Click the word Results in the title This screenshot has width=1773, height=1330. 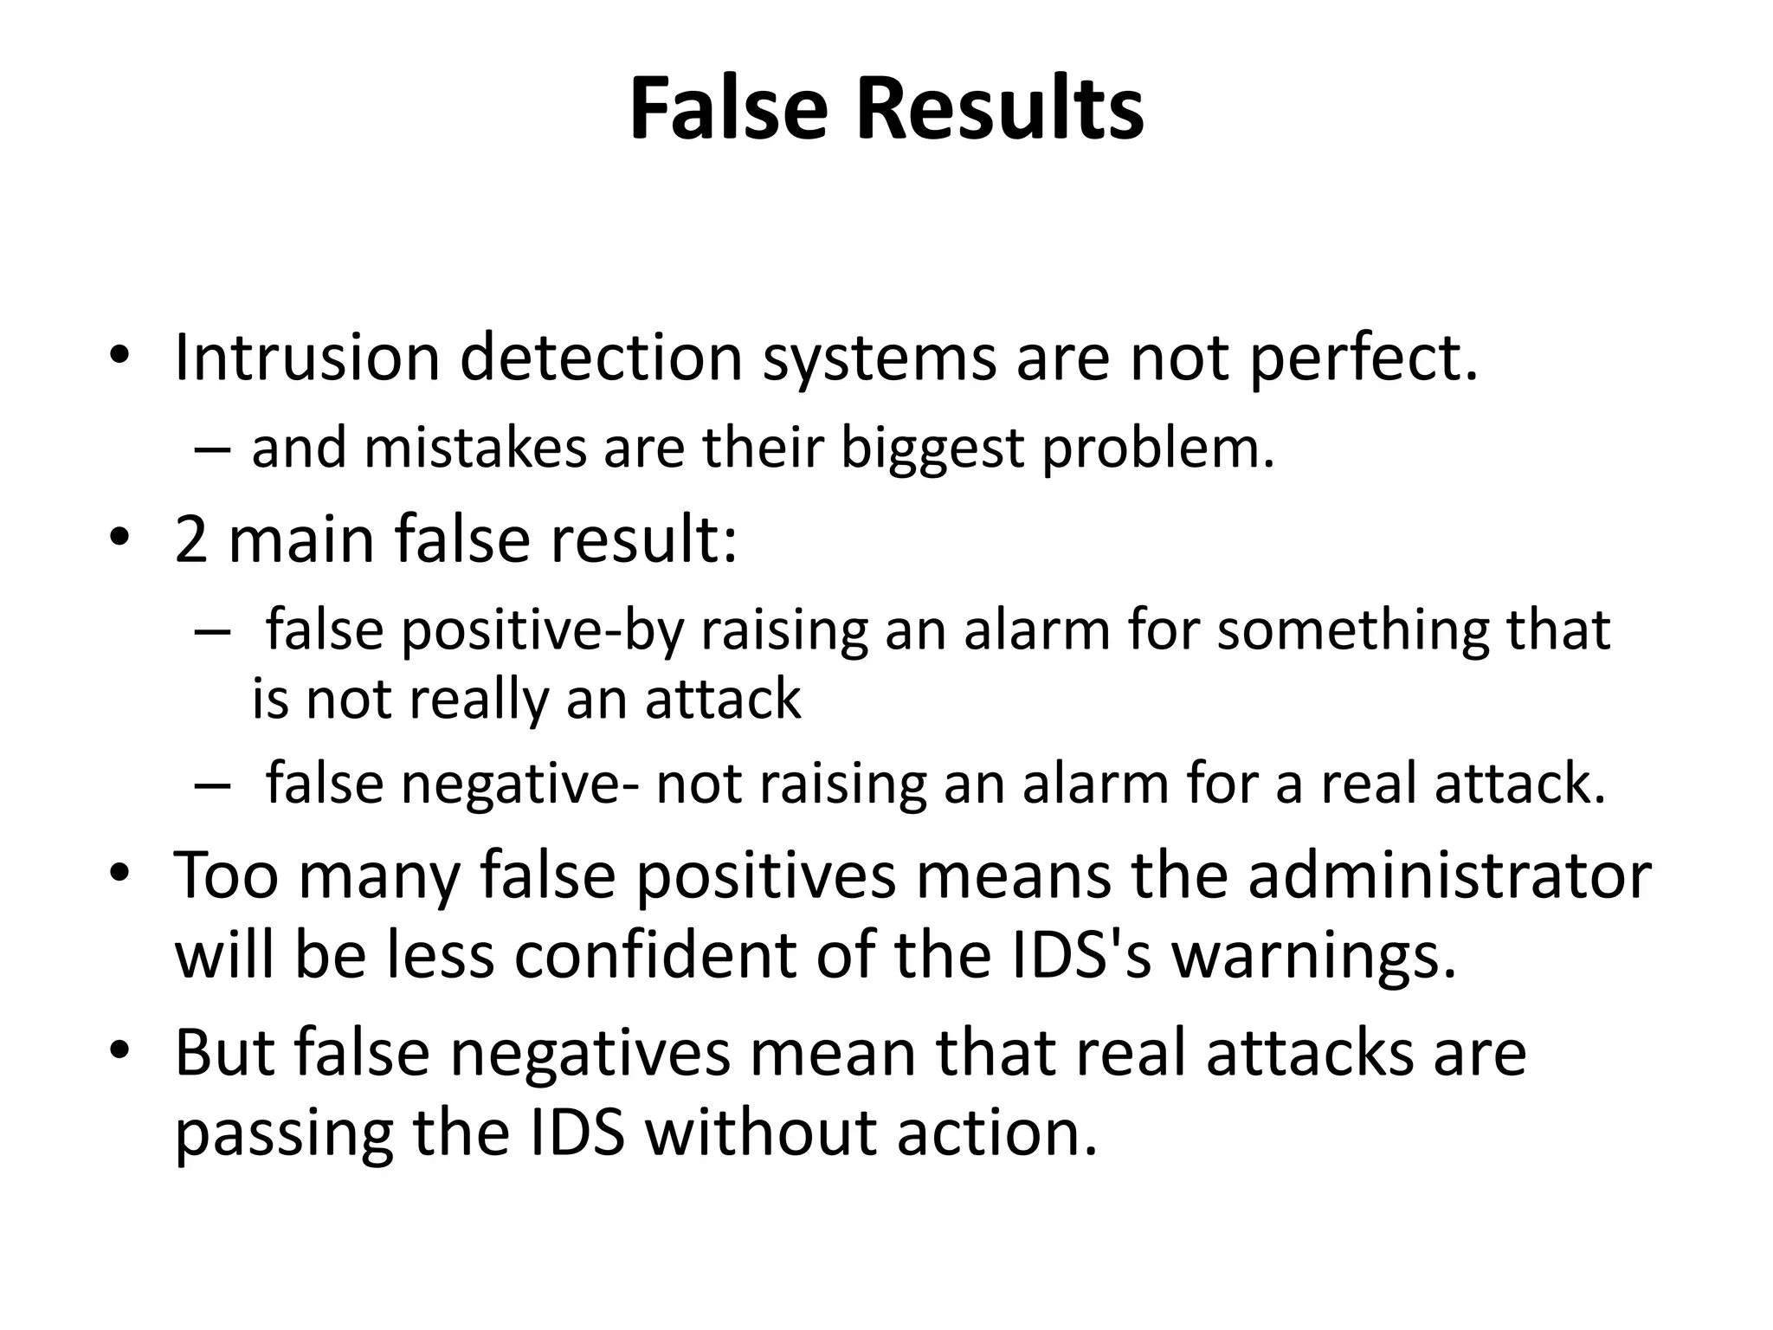(1000, 111)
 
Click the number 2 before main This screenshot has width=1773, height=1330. (191, 539)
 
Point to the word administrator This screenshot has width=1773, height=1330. (1449, 876)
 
